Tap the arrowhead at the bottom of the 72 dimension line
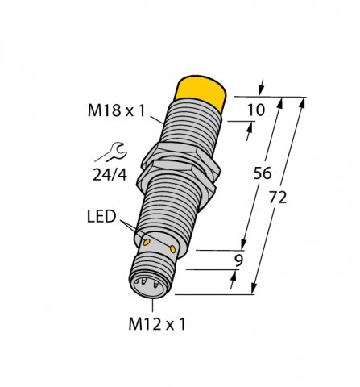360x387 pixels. pyautogui.click(x=256, y=289)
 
